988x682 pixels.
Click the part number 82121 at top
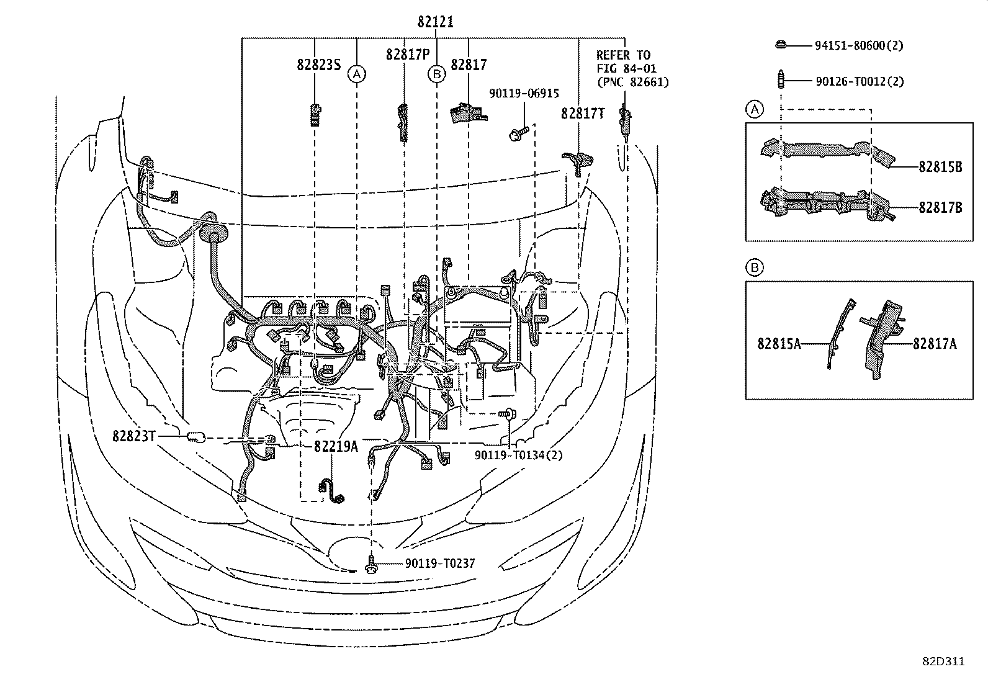pyautogui.click(x=435, y=22)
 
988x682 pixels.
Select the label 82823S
pyautogui.click(x=318, y=65)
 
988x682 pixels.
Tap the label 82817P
pyautogui.click(x=407, y=55)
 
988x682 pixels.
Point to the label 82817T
pyautogui.click(x=583, y=114)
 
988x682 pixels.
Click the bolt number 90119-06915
pyautogui.click(x=524, y=94)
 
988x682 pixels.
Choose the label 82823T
pyautogui.click(x=133, y=436)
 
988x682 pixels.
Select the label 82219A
pyautogui.click(x=336, y=446)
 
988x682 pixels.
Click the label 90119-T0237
pyautogui.click(x=439, y=563)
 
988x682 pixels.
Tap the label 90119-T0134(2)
pyautogui.click(x=518, y=455)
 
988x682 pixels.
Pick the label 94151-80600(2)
pyautogui.click(x=859, y=45)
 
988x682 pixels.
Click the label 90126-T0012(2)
pyautogui.click(x=859, y=81)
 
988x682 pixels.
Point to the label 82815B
pyautogui.click(x=940, y=167)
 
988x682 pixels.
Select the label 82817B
pyautogui.click(x=940, y=208)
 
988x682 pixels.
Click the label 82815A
pyautogui.click(x=779, y=343)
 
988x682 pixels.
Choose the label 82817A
pyautogui.click(x=934, y=343)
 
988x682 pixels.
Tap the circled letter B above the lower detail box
pyautogui.click(x=754, y=268)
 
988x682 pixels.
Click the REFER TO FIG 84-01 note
pyautogui.click(x=632, y=68)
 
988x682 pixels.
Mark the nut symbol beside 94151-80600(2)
pyautogui.click(x=781, y=45)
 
